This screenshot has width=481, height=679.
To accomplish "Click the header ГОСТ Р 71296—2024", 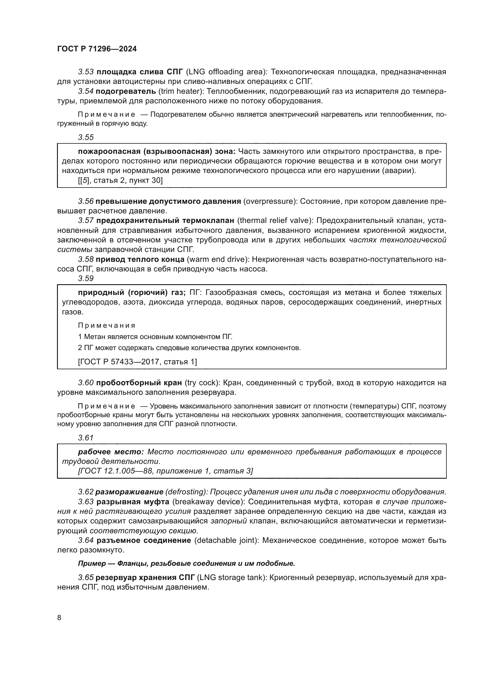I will [x=97, y=49].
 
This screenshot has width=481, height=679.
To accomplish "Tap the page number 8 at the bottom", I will [x=59, y=617].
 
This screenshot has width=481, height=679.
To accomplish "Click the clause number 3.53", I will [x=85, y=72].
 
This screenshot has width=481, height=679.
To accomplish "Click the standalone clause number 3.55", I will [x=85, y=137].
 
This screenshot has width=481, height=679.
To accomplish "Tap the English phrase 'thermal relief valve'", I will [x=274, y=221].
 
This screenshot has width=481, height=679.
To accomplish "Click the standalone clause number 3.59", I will [x=85, y=278].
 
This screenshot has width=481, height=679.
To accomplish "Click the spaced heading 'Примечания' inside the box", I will [x=107, y=325].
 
